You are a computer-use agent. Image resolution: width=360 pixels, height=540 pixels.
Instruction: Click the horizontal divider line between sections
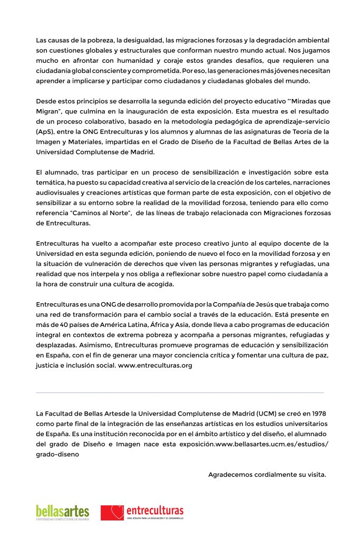pos(180,393)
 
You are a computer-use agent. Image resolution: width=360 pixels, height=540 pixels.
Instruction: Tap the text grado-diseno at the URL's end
pos(57,454)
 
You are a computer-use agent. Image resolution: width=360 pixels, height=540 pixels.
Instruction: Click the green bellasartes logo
pos(63,512)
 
